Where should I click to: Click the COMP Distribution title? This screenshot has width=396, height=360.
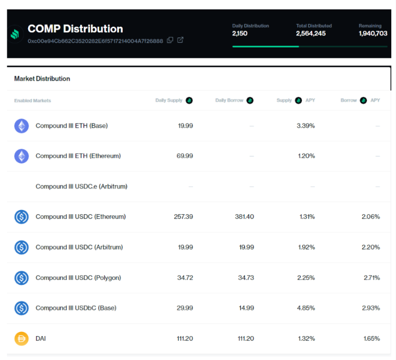(75, 29)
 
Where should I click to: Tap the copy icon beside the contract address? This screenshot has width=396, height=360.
(170, 40)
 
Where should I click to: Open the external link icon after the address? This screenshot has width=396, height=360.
(180, 40)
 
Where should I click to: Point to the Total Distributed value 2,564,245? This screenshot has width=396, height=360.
(311, 33)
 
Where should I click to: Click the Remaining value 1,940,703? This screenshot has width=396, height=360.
(373, 33)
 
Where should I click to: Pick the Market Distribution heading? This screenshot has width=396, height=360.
(42, 79)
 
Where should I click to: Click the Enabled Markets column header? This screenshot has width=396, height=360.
(33, 101)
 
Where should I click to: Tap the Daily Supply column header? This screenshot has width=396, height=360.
(169, 101)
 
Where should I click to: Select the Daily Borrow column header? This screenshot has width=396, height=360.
(229, 101)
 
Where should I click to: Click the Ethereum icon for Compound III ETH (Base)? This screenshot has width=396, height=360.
(21, 126)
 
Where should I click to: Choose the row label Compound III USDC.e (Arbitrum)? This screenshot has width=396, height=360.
(81, 186)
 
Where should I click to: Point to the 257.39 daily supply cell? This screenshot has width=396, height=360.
(183, 216)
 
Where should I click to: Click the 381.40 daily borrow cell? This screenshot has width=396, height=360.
(245, 216)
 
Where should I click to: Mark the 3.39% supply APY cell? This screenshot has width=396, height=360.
(305, 126)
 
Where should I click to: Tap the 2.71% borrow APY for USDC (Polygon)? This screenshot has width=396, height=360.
(371, 278)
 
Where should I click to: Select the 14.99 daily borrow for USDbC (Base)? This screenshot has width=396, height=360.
(246, 308)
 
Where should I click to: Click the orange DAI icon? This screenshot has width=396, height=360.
(21, 339)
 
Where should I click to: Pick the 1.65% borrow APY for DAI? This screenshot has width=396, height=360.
(371, 339)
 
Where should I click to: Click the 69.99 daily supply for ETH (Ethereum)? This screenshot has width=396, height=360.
(185, 156)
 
